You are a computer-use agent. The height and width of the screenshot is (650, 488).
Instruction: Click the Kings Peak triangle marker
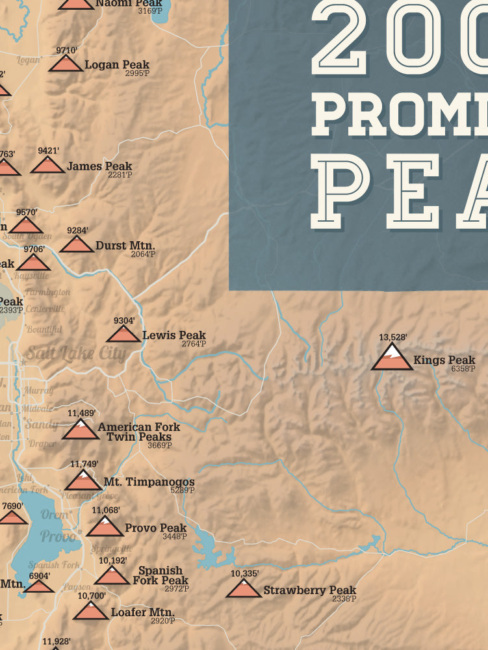coord(392,358)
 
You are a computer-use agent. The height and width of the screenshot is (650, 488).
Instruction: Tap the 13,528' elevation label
coord(392,337)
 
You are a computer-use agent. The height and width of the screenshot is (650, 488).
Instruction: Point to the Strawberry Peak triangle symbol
coord(244,589)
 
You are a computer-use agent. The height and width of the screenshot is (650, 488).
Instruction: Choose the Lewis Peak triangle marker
coord(123,334)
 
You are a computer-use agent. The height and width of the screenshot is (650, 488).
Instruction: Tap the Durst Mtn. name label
coord(125,246)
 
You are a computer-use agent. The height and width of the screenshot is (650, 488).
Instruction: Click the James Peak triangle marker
coord(47,165)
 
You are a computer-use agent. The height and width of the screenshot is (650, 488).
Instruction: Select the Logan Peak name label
coord(117,65)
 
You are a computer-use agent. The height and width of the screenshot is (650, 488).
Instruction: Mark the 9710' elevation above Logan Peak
coord(66,49)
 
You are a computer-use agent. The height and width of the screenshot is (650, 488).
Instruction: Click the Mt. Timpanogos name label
coord(149,482)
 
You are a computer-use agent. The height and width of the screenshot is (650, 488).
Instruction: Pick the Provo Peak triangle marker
coord(105,526)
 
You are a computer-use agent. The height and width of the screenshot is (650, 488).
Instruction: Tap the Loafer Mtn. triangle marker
coord(91,611)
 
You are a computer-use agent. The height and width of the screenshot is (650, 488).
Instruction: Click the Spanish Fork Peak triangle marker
coord(112,575)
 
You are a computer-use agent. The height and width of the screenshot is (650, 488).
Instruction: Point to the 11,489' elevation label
coord(82,413)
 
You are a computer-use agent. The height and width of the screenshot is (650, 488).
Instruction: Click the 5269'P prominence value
coord(182,490)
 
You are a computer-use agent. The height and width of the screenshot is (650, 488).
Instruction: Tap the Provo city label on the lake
coord(58,536)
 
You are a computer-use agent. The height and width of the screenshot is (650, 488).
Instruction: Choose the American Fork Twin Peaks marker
coord(81,430)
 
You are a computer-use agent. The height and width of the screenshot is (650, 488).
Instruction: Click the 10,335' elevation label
coord(245,573)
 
